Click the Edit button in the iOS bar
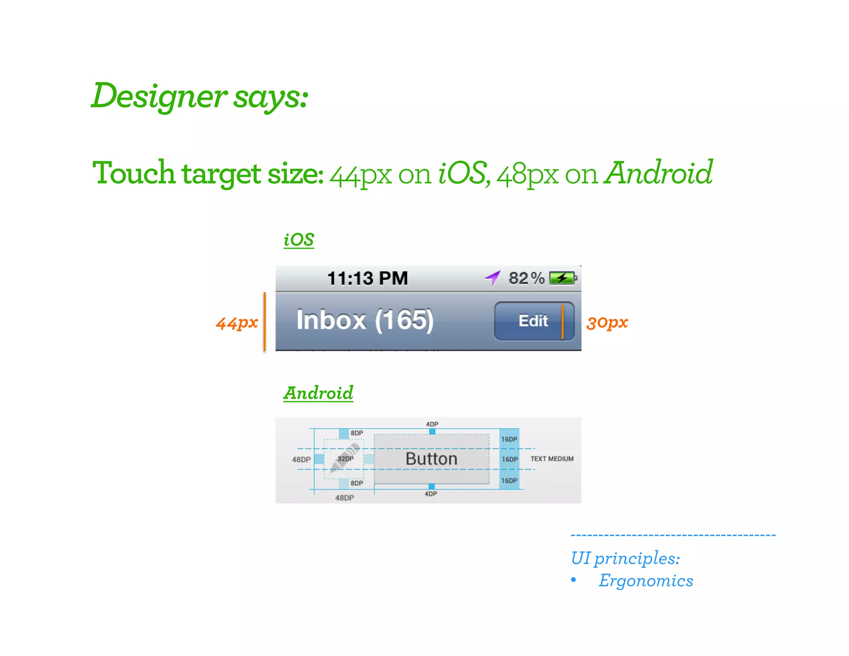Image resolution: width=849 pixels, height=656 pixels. tap(534, 321)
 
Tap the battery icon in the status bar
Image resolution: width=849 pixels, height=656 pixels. tap(563, 278)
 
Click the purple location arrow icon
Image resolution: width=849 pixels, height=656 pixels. tap(492, 278)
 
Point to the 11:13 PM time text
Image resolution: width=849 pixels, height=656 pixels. tap(367, 278)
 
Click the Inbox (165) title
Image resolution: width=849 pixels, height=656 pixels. tap(365, 320)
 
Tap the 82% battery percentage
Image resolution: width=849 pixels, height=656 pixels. tap(526, 278)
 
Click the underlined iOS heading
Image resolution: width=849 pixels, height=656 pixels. tap(298, 240)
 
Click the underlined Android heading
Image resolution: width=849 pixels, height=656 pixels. tap(318, 393)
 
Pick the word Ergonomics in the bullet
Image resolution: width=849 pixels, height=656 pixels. tap(645, 581)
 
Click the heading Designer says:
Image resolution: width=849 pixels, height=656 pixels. tap(199, 96)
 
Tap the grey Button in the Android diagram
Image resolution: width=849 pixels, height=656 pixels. tap(431, 459)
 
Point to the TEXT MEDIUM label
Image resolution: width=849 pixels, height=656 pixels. tap(552, 459)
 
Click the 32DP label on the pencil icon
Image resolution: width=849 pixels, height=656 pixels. tap(345, 459)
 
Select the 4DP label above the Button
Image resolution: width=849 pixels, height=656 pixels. tap(432, 424)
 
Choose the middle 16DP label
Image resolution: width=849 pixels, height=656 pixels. tap(509, 459)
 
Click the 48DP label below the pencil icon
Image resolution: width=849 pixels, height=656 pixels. tap(344, 498)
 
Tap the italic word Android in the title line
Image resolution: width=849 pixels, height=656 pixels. tap(658, 173)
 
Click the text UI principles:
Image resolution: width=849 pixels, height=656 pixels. tap(625, 558)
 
